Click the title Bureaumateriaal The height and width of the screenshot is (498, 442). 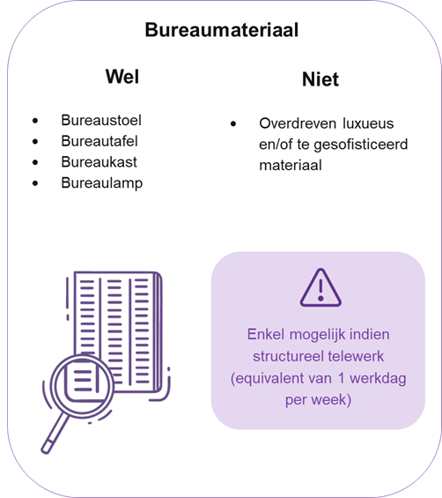[x=222, y=30]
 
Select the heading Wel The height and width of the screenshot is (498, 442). [x=122, y=77]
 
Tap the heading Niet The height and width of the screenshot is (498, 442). [x=320, y=79]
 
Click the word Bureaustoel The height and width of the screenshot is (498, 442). [x=101, y=120]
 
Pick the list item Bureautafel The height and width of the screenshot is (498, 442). [x=99, y=141]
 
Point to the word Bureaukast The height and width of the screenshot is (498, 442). [x=99, y=162]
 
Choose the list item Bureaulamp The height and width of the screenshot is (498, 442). [x=102, y=183]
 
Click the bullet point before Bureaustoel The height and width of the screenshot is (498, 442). [x=35, y=121]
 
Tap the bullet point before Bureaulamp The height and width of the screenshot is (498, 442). [x=35, y=183]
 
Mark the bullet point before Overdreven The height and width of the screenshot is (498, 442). [x=233, y=123]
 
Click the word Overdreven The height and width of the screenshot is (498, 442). [x=298, y=123]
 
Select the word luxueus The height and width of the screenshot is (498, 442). [x=368, y=123]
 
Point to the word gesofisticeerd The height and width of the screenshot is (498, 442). [x=361, y=145]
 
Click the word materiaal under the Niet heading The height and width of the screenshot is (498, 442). [x=291, y=165]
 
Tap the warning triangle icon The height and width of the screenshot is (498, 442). [x=320, y=287]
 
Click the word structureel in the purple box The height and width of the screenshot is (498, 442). [x=288, y=356]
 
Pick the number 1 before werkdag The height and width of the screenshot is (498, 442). [x=341, y=378]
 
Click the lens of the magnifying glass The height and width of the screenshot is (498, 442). [x=82, y=385]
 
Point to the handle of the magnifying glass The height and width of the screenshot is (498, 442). [x=55, y=434]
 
